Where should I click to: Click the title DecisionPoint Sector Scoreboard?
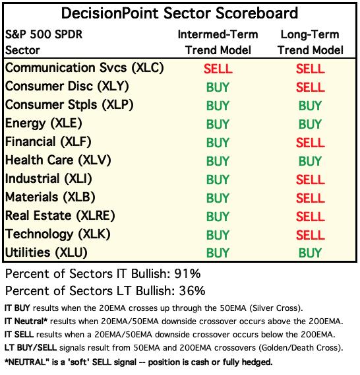(x=179, y=13)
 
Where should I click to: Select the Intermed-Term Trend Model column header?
(x=218, y=42)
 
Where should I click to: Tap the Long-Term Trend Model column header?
(x=310, y=42)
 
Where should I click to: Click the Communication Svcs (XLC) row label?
(x=84, y=68)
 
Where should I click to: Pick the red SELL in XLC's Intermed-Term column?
(x=218, y=69)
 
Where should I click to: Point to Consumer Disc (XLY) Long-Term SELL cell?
(x=311, y=87)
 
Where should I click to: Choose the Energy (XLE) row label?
(x=44, y=123)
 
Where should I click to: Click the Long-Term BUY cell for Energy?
(x=310, y=124)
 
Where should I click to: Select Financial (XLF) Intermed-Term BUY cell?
(x=218, y=143)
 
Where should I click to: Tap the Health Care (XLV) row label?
(x=58, y=160)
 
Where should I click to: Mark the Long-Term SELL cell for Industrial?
(x=311, y=180)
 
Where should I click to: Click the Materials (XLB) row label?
(x=50, y=197)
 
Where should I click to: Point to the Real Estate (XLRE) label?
(x=60, y=216)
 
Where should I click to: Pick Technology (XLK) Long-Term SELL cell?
(x=311, y=235)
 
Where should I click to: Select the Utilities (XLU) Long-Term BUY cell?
(x=310, y=253)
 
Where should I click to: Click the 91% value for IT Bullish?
(x=187, y=273)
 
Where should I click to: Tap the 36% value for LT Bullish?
(x=192, y=291)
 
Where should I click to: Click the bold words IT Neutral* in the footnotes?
(x=26, y=321)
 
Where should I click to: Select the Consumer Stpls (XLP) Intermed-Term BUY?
(x=218, y=106)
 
